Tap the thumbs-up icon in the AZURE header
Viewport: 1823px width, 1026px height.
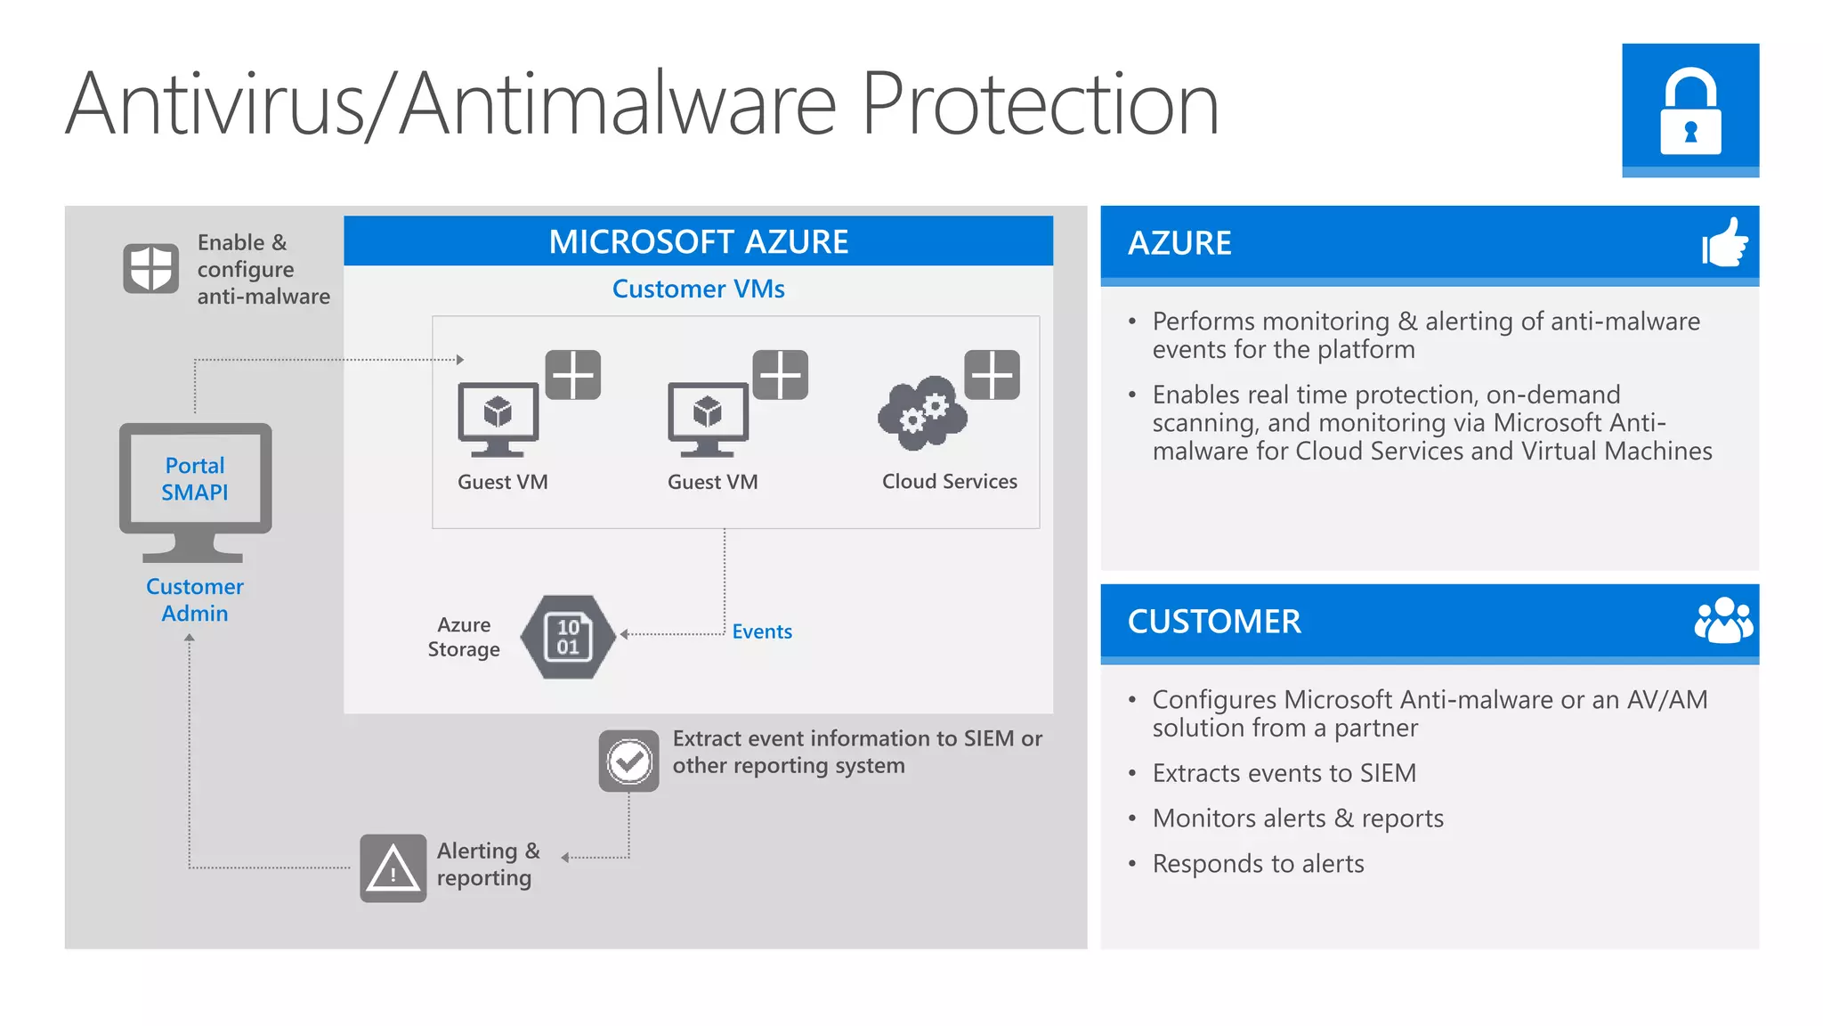click(1724, 242)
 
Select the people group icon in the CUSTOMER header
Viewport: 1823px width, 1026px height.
click(1723, 621)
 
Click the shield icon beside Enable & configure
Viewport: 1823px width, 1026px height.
click(150, 267)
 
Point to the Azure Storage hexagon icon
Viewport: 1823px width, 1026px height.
click(568, 637)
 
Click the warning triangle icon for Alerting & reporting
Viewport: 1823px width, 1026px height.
click(393, 868)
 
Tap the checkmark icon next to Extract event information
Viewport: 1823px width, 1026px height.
click(628, 761)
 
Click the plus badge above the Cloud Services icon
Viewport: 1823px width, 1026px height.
click(992, 374)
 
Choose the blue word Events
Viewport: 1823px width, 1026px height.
click(762, 631)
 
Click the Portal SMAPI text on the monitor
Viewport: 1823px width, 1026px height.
click(195, 479)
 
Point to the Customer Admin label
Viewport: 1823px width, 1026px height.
click(194, 600)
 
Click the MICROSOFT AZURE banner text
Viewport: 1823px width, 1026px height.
click(698, 241)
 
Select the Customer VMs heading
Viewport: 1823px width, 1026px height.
click(698, 289)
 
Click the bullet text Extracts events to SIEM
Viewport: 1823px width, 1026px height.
click(1284, 773)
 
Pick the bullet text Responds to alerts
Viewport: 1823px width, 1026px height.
click(1258, 864)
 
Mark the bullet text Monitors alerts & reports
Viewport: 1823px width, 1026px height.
click(1298, 818)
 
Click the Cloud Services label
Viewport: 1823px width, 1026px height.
click(949, 482)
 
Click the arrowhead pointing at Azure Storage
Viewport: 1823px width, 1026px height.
click(624, 634)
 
